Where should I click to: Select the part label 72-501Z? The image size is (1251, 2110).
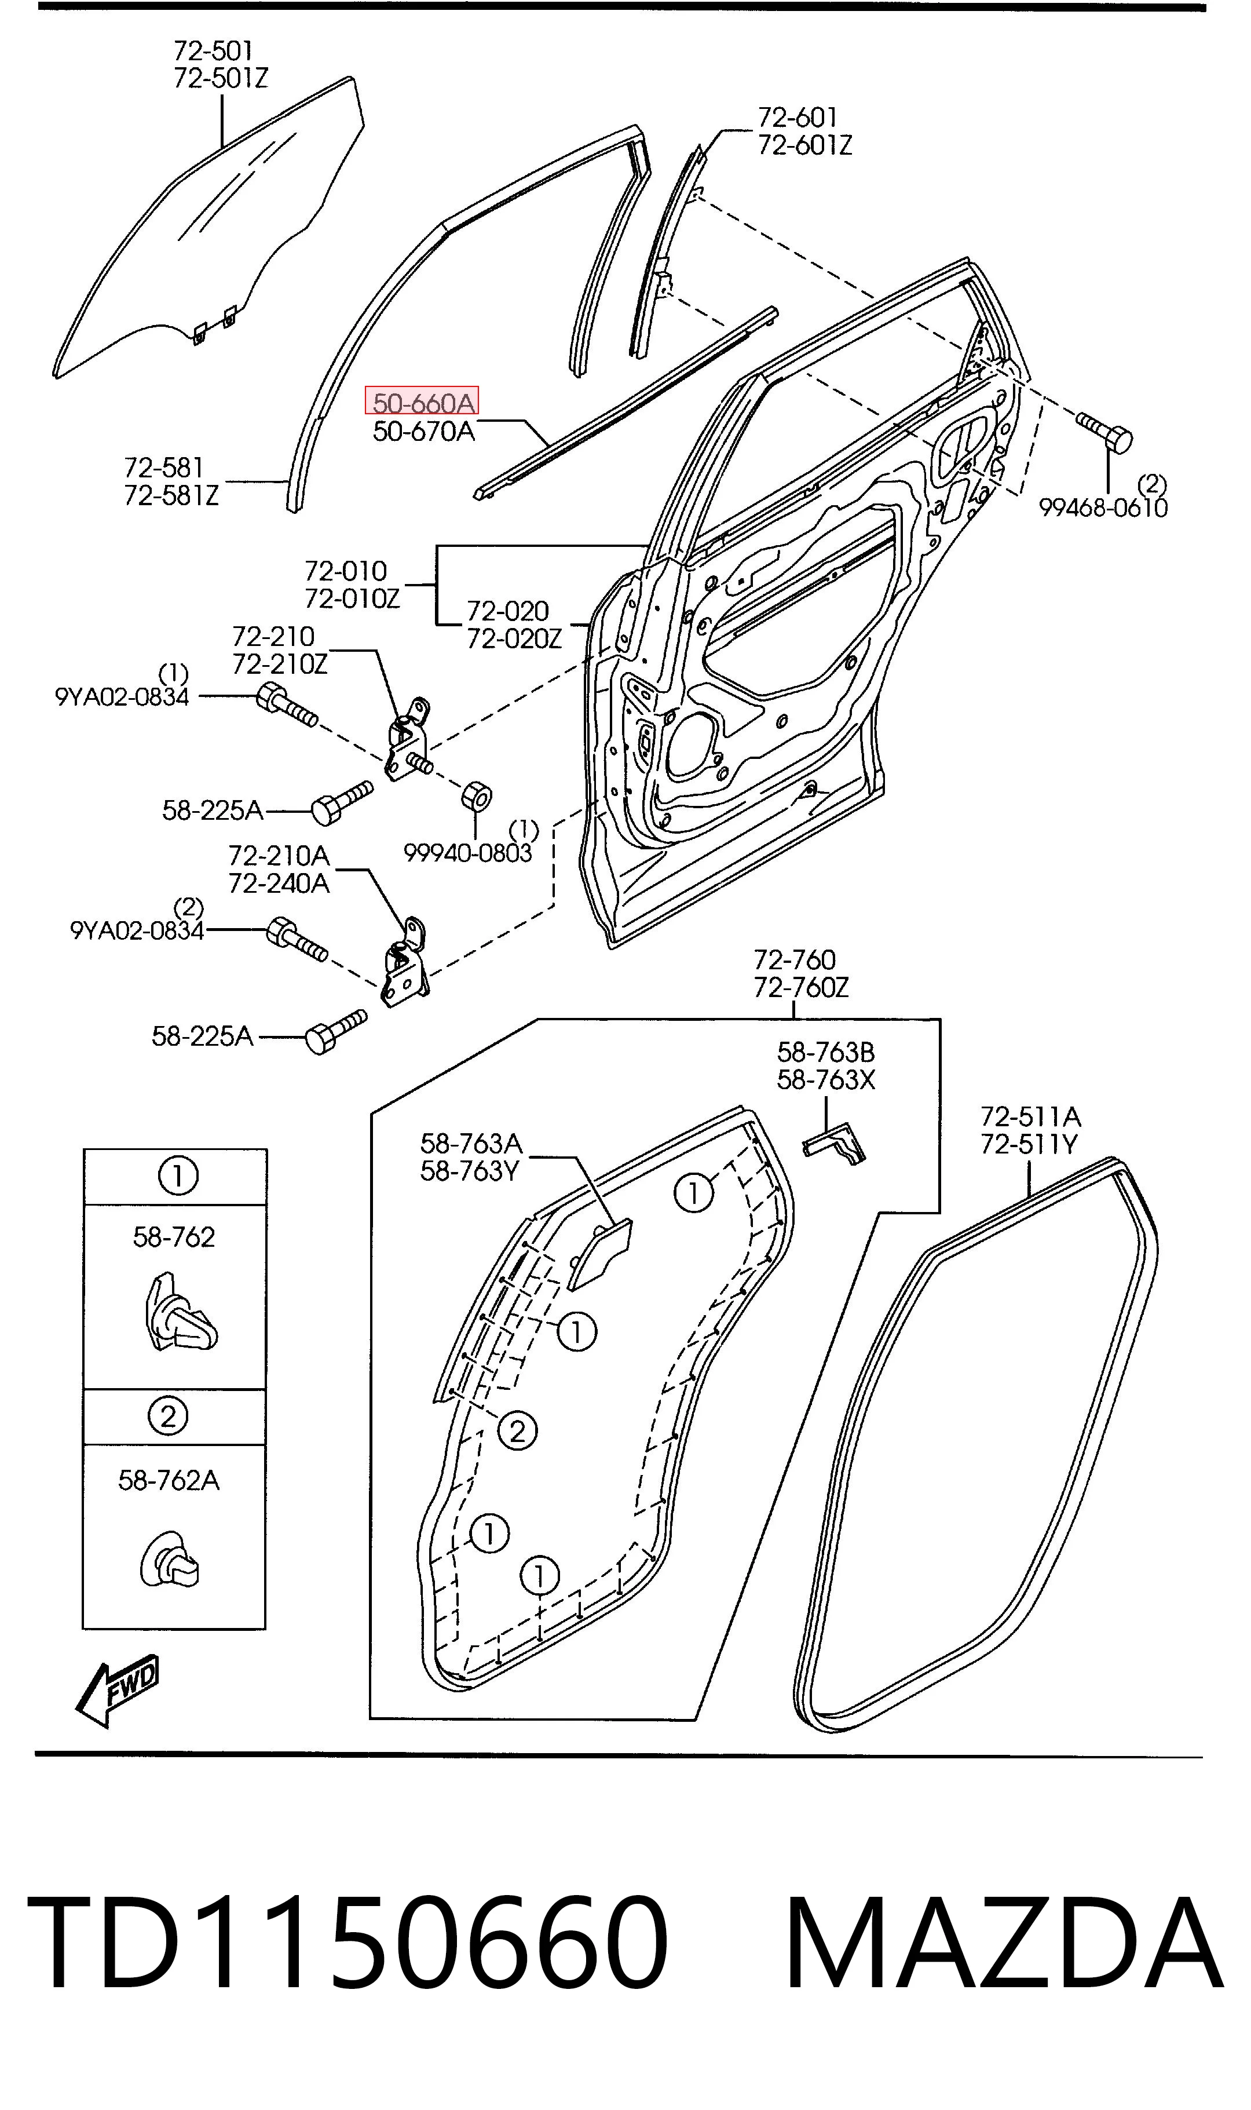(x=221, y=78)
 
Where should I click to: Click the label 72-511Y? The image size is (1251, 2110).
(x=1029, y=1145)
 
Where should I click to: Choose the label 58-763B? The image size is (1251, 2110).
(x=826, y=1052)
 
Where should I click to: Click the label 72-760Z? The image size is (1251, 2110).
(x=801, y=987)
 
